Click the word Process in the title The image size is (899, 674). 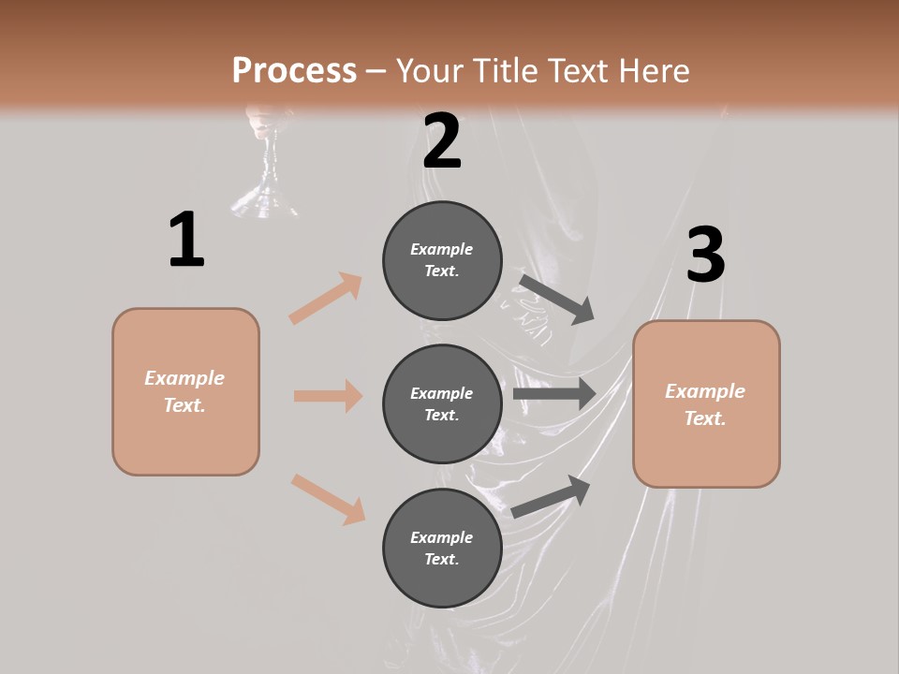[x=294, y=71]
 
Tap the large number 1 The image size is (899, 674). [x=186, y=240]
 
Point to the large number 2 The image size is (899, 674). [x=442, y=141]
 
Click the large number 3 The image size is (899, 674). [x=705, y=256]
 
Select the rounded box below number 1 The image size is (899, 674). [x=185, y=391]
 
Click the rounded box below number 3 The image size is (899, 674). [x=706, y=404]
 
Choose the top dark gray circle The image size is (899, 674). [x=442, y=260]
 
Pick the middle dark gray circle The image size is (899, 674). [x=442, y=403]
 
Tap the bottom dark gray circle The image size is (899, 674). [x=442, y=548]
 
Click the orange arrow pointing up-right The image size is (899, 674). [x=326, y=298]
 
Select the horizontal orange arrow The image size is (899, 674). [x=328, y=396]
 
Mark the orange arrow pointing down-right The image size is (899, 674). [x=328, y=498]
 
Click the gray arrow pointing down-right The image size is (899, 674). [x=556, y=299]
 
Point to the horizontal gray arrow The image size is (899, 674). [x=554, y=394]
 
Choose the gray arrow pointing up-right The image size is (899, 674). [x=551, y=496]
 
